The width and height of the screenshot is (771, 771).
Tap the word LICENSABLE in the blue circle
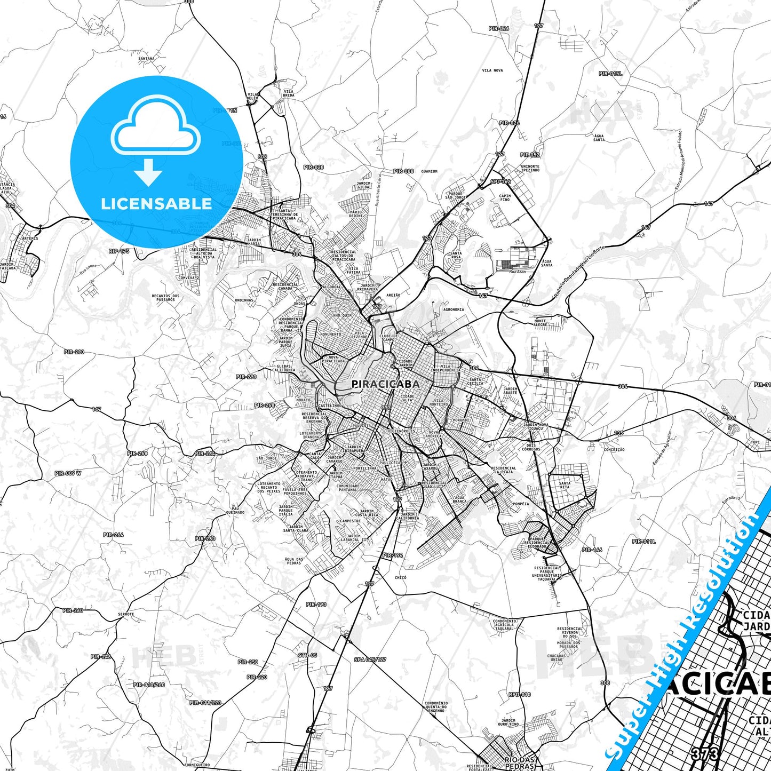(x=156, y=204)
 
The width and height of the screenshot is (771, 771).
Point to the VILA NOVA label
(x=492, y=70)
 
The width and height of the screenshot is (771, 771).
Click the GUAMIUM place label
(x=429, y=171)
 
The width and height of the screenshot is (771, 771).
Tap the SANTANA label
(x=146, y=59)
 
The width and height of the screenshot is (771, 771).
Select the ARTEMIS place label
(x=30, y=238)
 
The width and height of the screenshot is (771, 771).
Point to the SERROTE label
(x=126, y=614)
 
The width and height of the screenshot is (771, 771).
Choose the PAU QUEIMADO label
(x=235, y=511)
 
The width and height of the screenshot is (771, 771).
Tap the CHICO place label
(x=400, y=577)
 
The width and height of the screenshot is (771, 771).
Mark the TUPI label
(x=755, y=442)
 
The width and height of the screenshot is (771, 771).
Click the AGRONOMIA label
(x=454, y=309)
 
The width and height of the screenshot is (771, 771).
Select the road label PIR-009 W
(x=68, y=473)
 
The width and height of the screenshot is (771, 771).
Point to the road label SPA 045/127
(x=370, y=659)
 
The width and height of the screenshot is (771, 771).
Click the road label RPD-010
(x=519, y=695)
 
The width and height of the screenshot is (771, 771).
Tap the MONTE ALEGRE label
(x=540, y=323)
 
